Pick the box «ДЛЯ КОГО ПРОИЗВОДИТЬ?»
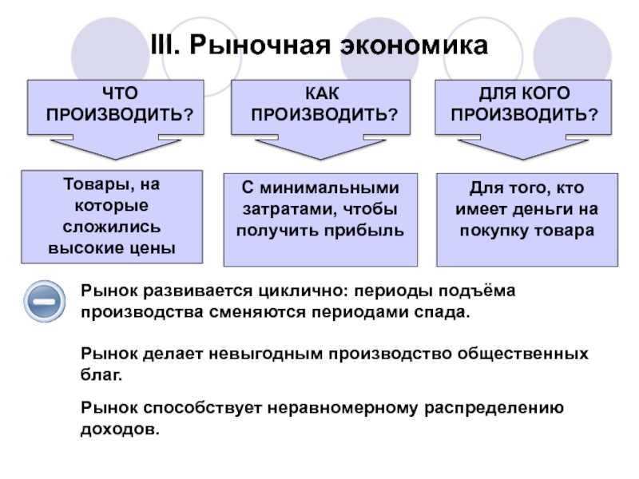[524, 106]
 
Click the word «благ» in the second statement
[100, 374]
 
